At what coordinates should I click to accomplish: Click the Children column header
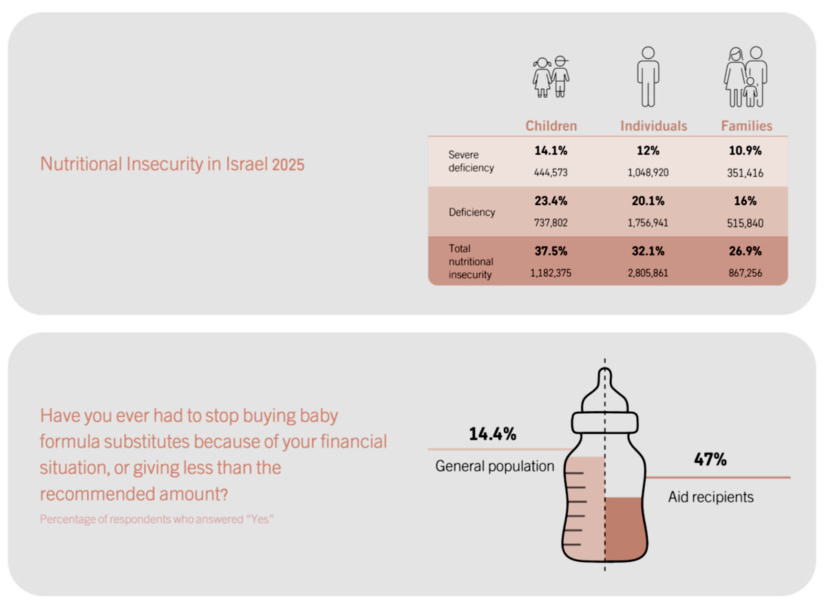click(551, 126)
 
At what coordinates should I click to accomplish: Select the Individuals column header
click(654, 126)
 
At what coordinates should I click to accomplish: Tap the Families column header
click(747, 126)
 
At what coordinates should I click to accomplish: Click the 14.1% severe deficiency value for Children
click(551, 151)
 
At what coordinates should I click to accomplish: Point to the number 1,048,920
click(648, 173)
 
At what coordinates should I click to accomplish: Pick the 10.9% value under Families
click(745, 151)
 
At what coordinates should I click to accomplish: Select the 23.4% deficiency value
click(551, 200)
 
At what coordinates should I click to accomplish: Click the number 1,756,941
click(648, 223)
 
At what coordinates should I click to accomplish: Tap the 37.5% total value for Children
click(551, 251)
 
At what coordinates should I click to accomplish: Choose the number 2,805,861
click(648, 273)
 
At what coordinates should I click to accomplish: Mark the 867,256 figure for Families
click(745, 273)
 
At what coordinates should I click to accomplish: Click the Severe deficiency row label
click(471, 161)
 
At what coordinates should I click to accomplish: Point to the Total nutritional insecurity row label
click(471, 262)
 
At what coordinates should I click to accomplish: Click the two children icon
click(551, 76)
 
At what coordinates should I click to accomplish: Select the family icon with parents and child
click(745, 76)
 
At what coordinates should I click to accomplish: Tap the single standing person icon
click(648, 76)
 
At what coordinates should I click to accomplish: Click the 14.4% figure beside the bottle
click(493, 434)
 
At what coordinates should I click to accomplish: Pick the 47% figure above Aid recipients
click(710, 459)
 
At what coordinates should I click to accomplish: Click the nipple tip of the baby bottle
click(605, 369)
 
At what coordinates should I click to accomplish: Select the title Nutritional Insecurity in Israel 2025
click(172, 164)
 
